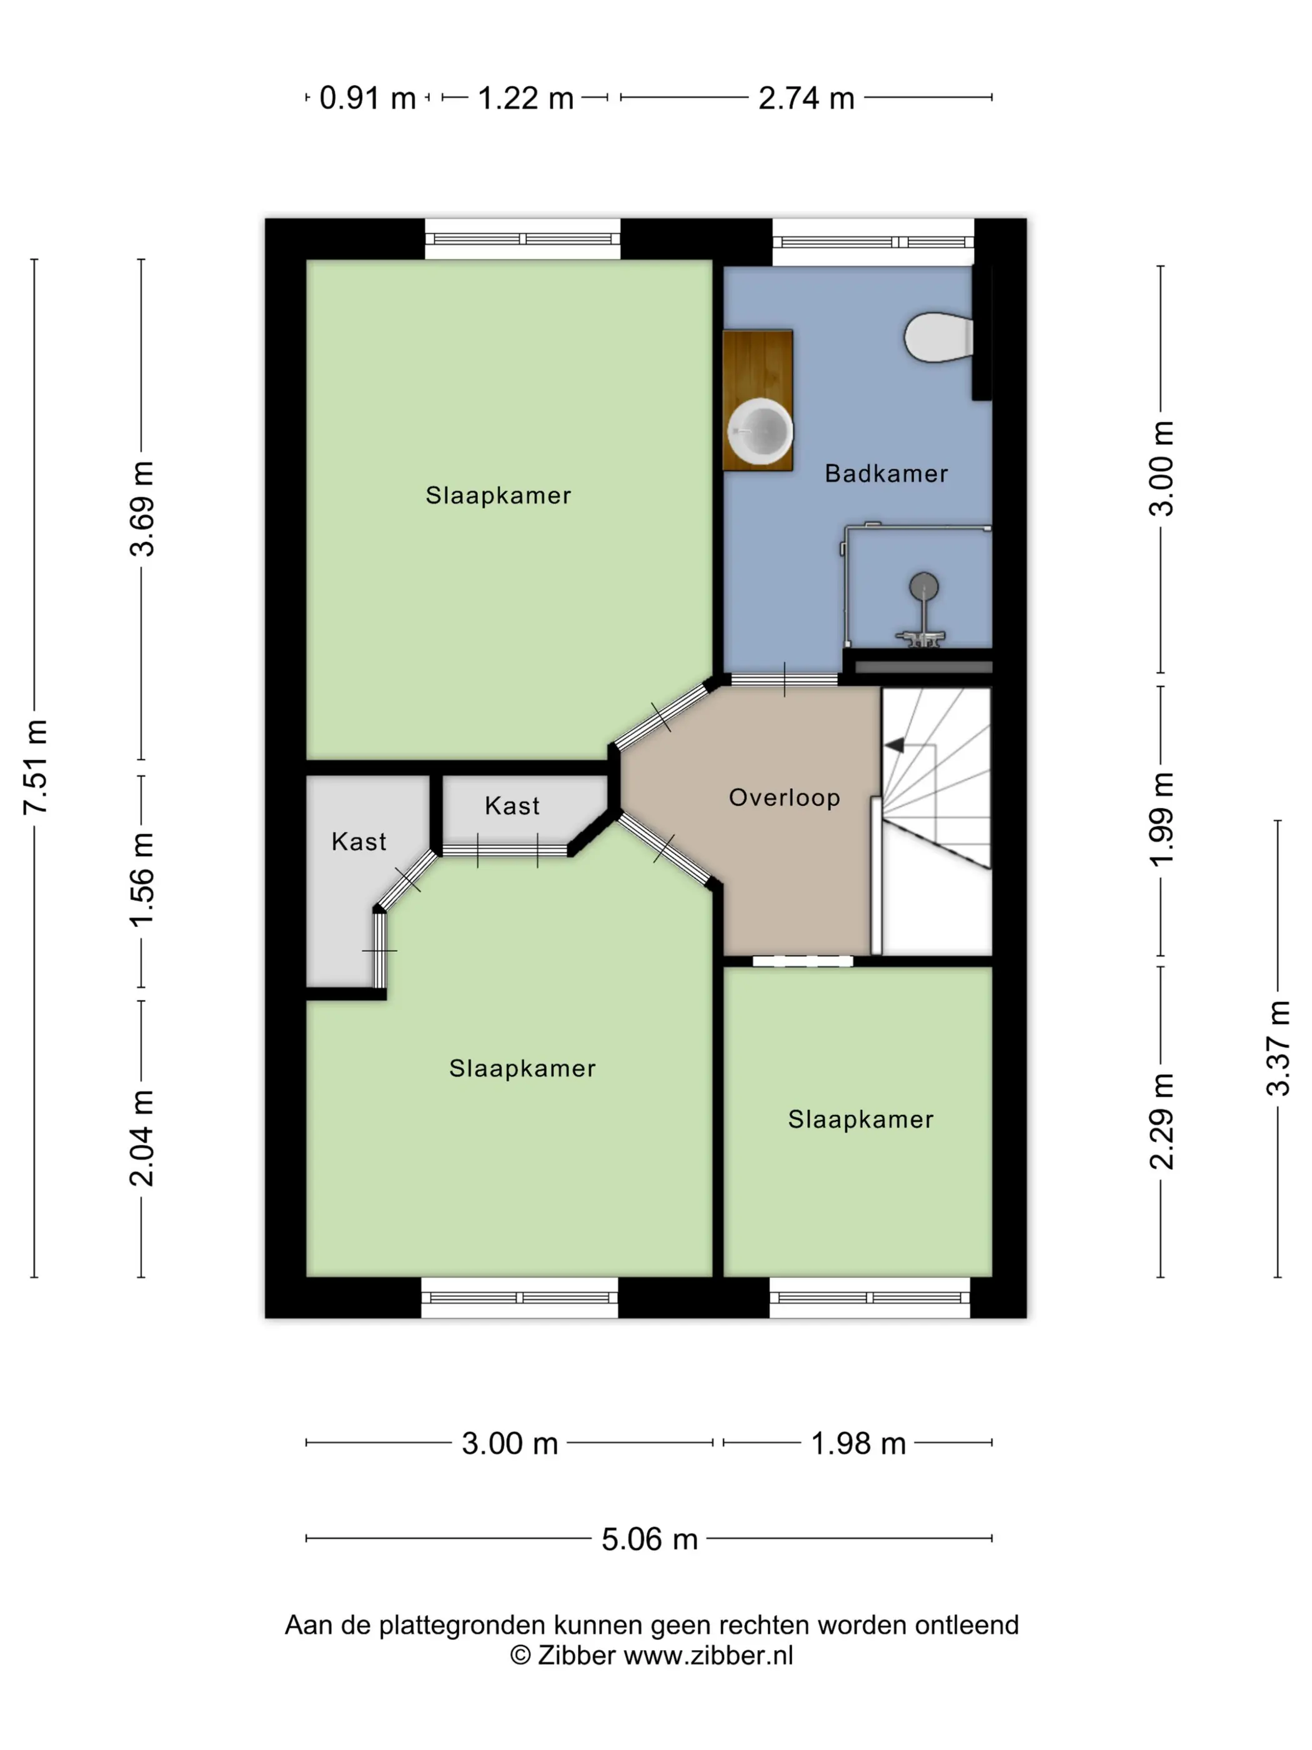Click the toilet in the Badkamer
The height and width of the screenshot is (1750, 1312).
[938, 338]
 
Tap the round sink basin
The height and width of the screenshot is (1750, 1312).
[759, 431]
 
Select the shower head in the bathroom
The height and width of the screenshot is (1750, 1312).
[923, 587]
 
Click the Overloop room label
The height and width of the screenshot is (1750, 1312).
[783, 797]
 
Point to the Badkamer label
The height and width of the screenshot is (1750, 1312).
[886, 473]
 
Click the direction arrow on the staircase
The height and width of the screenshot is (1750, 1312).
[895, 744]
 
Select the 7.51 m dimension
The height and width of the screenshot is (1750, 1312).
[36, 767]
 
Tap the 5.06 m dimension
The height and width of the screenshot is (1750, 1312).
[649, 1539]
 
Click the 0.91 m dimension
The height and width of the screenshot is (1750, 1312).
[368, 98]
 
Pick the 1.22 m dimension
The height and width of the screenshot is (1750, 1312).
[525, 98]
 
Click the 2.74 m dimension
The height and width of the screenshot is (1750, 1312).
[806, 98]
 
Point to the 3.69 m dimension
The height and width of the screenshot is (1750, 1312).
[142, 508]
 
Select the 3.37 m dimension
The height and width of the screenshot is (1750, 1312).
[1278, 1048]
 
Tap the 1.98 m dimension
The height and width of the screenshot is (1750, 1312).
[858, 1443]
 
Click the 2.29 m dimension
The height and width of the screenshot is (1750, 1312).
[1161, 1121]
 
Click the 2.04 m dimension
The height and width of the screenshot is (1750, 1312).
[142, 1137]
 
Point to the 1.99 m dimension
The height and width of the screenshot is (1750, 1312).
[1161, 819]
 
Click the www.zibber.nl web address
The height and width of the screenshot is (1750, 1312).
[708, 1655]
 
